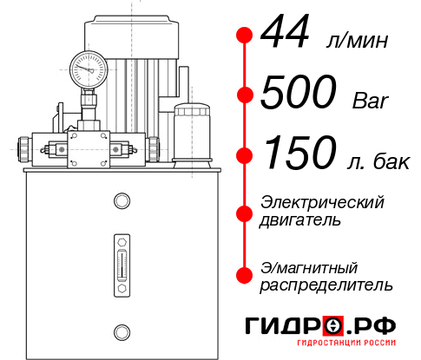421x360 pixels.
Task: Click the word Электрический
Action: click(x=322, y=201)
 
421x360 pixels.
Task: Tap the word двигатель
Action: click(x=300, y=219)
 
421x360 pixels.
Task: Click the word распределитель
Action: click(x=326, y=284)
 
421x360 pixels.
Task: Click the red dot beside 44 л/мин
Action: click(x=245, y=36)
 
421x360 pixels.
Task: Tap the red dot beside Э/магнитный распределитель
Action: click(x=245, y=274)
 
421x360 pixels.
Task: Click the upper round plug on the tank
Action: click(x=121, y=201)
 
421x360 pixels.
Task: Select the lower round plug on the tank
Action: click(x=121, y=330)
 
